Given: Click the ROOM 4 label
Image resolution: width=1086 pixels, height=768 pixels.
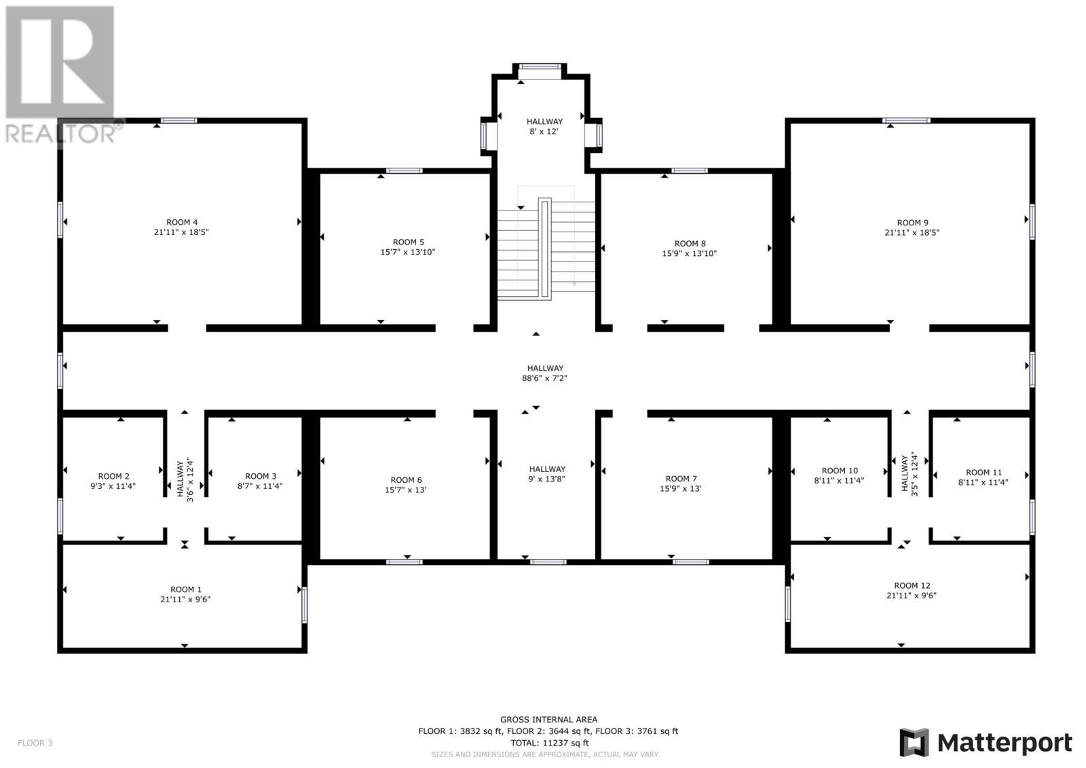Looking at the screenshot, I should (182, 222).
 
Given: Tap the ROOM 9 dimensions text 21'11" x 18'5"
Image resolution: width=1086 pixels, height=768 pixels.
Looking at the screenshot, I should (912, 232).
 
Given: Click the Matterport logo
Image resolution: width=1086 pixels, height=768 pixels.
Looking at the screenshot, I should (986, 743).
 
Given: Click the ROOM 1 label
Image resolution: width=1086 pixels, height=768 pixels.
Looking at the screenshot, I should (185, 589).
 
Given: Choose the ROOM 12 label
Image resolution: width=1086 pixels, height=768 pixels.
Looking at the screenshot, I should (912, 585).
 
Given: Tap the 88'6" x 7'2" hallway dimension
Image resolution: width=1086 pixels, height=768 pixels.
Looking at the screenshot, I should (544, 378).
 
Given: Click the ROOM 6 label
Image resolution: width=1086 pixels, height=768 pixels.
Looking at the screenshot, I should (406, 479).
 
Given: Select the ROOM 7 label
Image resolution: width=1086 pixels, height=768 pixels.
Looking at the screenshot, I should (681, 479).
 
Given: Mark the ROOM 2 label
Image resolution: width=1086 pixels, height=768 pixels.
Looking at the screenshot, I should (113, 476).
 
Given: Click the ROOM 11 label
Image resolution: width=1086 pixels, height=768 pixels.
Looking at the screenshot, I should (983, 473).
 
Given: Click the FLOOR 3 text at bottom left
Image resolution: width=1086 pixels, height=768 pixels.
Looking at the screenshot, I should (35, 743).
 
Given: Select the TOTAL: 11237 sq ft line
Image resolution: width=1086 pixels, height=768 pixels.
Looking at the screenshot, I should (549, 743).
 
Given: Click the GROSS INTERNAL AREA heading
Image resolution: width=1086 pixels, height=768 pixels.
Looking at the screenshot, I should (548, 720).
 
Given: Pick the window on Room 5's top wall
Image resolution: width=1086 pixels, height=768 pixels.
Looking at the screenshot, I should (405, 170).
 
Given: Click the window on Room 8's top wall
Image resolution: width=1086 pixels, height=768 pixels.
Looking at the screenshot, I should (689, 170).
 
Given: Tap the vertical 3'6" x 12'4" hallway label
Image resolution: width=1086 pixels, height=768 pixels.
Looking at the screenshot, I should (185, 481).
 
